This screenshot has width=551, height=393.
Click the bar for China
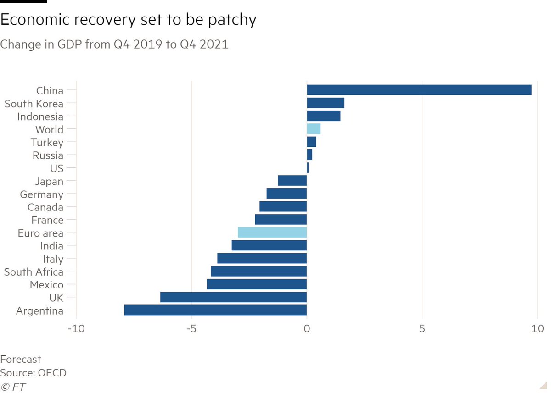coord(419,90)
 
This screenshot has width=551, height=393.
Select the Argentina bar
coord(215,310)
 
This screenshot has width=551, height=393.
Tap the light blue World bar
coord(314,129)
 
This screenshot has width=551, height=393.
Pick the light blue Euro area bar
coord(272,232)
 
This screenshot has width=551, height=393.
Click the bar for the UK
coord(233,298)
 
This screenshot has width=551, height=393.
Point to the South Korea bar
coord(325,103)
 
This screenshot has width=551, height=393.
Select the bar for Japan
coord(292,181)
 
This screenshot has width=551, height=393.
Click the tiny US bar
coord(308,168)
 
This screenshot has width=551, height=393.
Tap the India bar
coord(269,246)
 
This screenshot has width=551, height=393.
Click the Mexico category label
coord(46,285)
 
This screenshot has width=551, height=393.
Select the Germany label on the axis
coord(41,194)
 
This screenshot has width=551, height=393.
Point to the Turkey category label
coord(47,143)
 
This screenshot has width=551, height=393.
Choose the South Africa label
coord(34,272)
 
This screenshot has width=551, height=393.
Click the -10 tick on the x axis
coord(76,329)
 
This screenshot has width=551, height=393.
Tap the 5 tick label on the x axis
coord(422,329)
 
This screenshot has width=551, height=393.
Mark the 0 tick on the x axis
coord(307,329)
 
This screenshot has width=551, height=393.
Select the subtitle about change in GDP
coord(114,45)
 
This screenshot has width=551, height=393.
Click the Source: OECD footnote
coord(33,373)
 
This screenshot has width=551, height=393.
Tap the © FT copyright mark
coord(13,387)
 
